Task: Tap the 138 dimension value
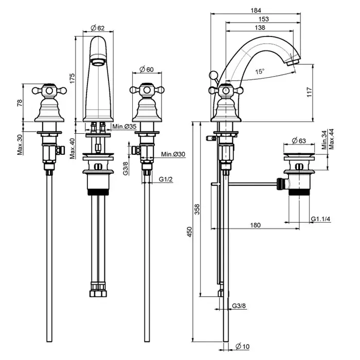[x=260, y=27]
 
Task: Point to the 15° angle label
[x=260, y=72]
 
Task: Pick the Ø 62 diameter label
[x=97, y=28]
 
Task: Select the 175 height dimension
[x=73, y=78]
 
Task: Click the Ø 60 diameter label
[x=147, y=69]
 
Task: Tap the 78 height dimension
[x=20, y=102]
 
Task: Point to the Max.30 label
[x=20, y=144]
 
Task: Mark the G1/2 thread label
[x=165, y=179]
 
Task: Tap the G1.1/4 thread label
[x=321, y=220]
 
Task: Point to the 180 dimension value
[x=256, y=225]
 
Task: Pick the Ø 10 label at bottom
[x=243, y=346]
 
